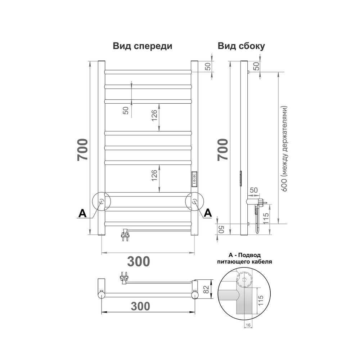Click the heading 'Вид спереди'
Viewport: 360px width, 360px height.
coord(142,46)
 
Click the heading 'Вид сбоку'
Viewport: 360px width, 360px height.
coord(241,46)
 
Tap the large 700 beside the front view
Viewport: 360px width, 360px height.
coord(82,150)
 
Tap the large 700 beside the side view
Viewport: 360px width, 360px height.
coord(223,150)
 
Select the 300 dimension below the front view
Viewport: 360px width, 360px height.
coord(139,261)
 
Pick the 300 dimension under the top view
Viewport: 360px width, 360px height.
coord(140,306)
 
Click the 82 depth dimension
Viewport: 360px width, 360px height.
coord(206,289)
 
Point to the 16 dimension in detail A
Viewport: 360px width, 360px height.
coord(248,325)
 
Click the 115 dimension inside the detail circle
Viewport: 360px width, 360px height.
coord(261,300)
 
